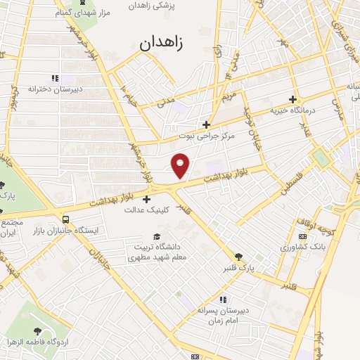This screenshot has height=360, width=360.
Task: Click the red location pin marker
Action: pyautogui.click(x=181, y=165)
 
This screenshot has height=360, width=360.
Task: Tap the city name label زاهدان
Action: pyautogui.click(x=162, y=43)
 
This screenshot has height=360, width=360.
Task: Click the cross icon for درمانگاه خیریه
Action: pyautogui.click(x=294, y=99)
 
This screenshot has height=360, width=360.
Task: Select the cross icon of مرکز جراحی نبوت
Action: pyautogui.click(x=206, y=124)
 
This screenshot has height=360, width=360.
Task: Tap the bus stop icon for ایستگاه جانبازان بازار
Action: pyautogui.click(x=65, y=218)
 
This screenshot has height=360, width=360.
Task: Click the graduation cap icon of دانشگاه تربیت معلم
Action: pyautogui.click(x=157, y=237)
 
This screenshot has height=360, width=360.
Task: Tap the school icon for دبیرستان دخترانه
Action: pyautogui.click(x=54, y=79)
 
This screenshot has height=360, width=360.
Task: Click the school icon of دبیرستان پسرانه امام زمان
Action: pyautogui.click(x=224, y=300)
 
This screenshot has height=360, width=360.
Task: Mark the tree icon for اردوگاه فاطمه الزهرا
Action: pyautogui.click(x=36, y=330)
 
